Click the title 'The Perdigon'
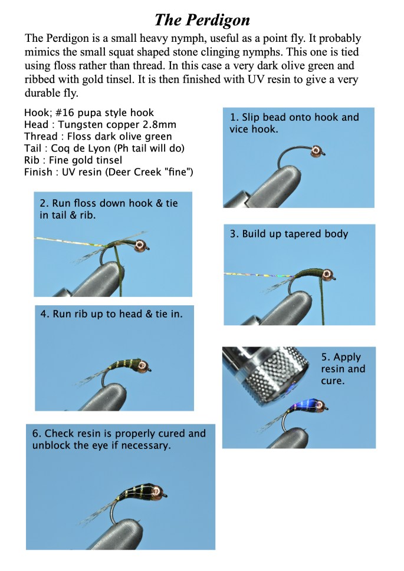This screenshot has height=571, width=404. point(202,19)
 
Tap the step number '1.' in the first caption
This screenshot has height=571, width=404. point(234,117)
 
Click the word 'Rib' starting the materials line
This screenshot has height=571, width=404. point(32,160)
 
